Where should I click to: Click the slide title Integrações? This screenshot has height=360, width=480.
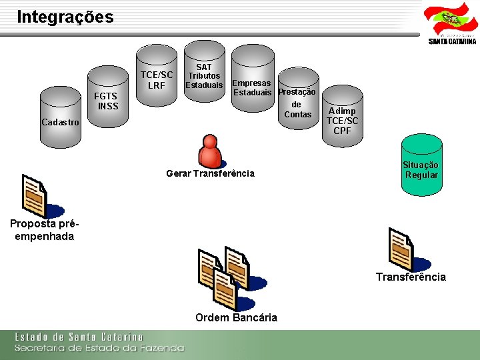(x=65, y=17)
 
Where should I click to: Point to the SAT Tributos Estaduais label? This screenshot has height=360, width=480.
(x=204, y=76)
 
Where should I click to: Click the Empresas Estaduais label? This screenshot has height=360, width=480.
(x=251, y=87)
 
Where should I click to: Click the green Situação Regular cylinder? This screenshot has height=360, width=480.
(x=421, y=167)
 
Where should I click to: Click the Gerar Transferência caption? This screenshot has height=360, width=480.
(x=210, y=173)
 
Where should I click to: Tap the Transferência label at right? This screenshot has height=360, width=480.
(x=411, y=277)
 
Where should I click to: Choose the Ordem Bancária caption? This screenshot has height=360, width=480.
(x=236, y=317)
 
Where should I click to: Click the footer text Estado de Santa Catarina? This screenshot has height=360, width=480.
(x=79, y=337)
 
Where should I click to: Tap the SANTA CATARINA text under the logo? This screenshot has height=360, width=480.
(x=452, y=41)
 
